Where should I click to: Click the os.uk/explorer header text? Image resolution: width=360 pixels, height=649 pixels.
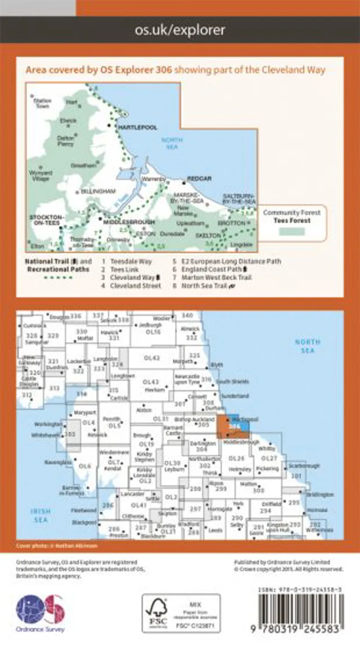pyautogui.click(x=180, y=30)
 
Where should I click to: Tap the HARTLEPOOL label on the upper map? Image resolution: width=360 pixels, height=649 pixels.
pyautogui.click(x=137, y=128)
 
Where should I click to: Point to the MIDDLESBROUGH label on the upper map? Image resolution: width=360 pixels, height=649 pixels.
pyautogui.click(x=128, y=222)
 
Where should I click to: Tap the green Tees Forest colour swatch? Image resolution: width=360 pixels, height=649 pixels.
pyautogui.click(x=291, y=231)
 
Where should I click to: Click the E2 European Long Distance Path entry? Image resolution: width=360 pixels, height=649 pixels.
pyautogui.click(x=230, y=261)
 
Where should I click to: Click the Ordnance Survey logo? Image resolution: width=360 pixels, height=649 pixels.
pyautogui.click(x=40, y=613)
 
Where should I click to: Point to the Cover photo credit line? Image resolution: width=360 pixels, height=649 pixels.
pyautogui.click(x=57, y=545)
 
